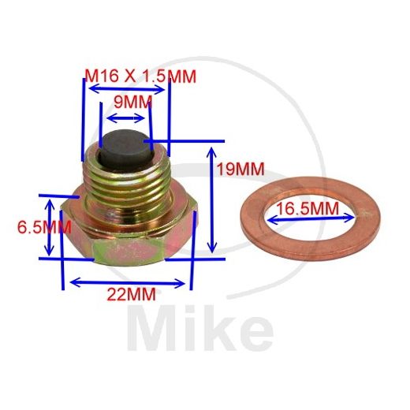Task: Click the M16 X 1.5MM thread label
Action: (140, 76)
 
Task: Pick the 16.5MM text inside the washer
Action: (308, 208)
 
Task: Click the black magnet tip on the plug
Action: (124, 146)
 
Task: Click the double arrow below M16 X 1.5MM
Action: (126, 90)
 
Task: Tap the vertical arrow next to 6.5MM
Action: (51, 227)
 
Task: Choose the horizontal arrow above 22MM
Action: (129, 280)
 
